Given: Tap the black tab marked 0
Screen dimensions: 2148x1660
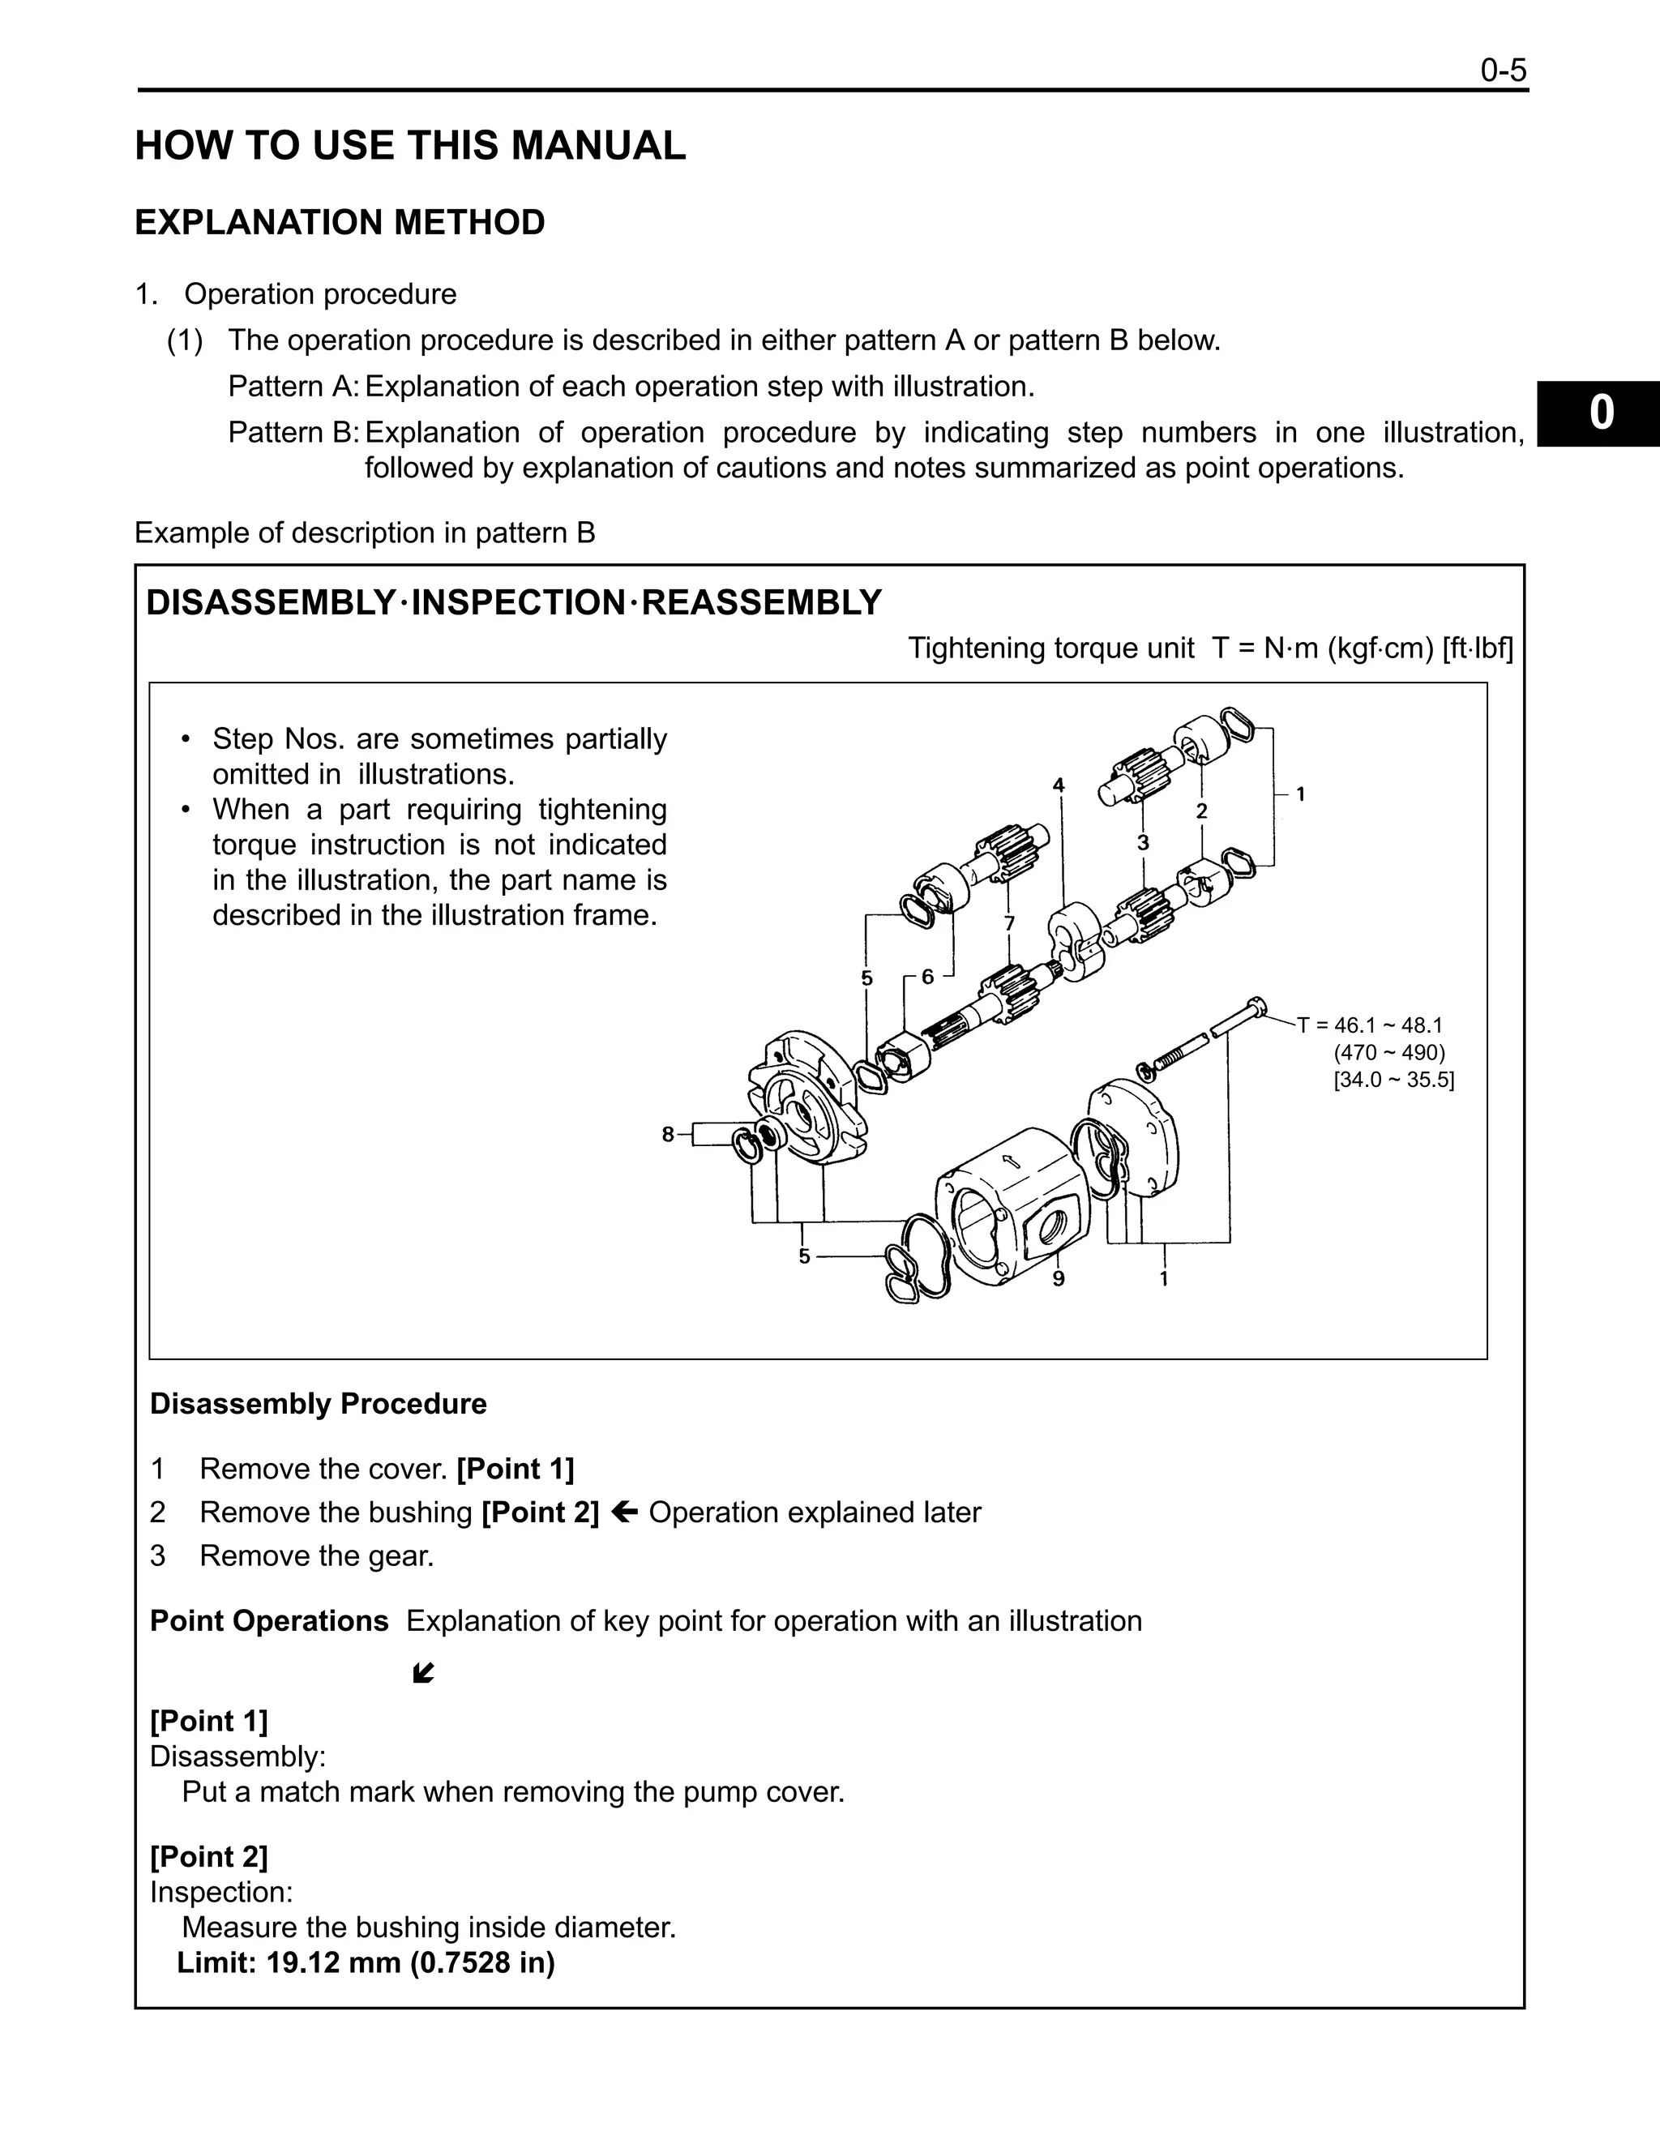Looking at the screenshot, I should coord(1600,413).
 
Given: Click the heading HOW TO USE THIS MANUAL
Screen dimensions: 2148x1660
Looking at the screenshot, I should coord(410,146).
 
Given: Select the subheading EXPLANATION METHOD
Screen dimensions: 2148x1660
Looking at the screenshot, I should coord(340,222).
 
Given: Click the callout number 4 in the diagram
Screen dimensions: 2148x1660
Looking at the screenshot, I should coord(1058,785).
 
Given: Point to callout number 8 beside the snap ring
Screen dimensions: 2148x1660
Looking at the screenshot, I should coord(668,1134).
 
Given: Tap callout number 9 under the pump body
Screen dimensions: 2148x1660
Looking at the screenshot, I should coord(1058,1278).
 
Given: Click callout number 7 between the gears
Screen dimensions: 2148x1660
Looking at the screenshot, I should coord(1009,923).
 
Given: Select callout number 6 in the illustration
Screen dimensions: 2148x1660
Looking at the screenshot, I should coord(926,977).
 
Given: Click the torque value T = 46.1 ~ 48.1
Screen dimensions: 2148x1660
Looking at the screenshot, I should coord(1370,1025).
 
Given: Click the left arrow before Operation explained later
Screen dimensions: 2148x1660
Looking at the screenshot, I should coord(623,1512).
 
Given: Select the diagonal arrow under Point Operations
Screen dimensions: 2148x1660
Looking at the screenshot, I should coord(424,1673).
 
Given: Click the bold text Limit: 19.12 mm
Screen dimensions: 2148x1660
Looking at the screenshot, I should coord(366,1962).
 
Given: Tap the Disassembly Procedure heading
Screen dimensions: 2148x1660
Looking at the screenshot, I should coord(318,1403).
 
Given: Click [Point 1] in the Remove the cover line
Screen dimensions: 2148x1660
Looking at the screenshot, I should coord(516,1469).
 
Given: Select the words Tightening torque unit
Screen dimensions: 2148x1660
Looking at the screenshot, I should coord(1050,648).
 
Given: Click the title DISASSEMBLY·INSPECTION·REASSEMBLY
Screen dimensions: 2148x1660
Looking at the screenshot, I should coord(513,602).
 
